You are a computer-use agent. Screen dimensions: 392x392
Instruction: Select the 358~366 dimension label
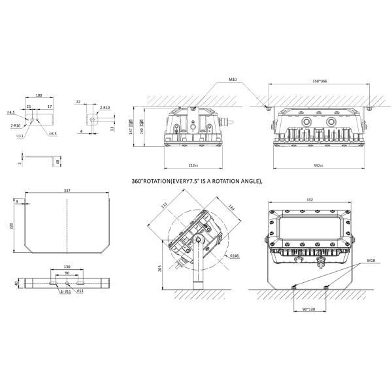(x=321, y=81)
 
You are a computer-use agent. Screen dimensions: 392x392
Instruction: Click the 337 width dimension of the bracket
(x=67, y=191)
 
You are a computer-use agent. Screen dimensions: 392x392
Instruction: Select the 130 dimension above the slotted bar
(x=67, y=268)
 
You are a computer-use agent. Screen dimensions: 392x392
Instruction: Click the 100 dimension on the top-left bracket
(x=39, y=96)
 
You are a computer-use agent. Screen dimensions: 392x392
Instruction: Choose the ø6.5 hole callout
(x=53, y=133)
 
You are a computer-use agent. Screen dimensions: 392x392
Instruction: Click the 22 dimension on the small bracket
(x=78, y=102)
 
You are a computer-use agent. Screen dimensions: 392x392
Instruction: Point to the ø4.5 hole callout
(x=11, y=112)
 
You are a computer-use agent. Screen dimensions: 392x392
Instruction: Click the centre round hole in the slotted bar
(x=67, y=284)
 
